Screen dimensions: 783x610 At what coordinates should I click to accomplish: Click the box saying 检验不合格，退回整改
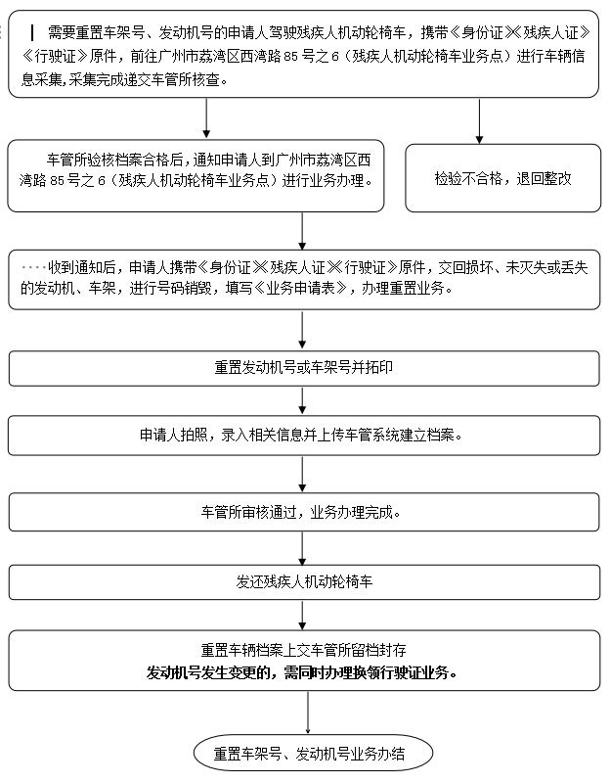pos(502,178)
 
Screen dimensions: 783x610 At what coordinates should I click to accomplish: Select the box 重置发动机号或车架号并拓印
pos(303,368)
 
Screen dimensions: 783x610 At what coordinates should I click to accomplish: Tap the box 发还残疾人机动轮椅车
pos(303,581)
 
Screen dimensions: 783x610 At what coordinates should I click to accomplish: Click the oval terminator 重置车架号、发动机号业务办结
pos(310,754)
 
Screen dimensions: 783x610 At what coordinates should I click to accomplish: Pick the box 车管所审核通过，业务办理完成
pos(303,511)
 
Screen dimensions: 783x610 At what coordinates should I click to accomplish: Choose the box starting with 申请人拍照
pos(303,435)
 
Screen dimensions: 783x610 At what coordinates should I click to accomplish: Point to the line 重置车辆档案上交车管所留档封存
pos(303,650)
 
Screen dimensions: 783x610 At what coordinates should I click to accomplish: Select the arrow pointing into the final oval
pos(309,713)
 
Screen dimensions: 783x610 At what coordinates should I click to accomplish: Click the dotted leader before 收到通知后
pos(32,266)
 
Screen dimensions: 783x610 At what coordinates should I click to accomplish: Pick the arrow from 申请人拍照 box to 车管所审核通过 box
pos(303,473)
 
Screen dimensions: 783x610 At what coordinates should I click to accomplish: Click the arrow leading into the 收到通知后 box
pos(303,231)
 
